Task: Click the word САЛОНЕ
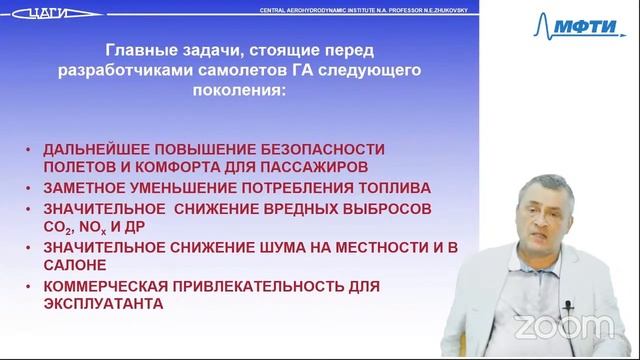click(75, 265)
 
